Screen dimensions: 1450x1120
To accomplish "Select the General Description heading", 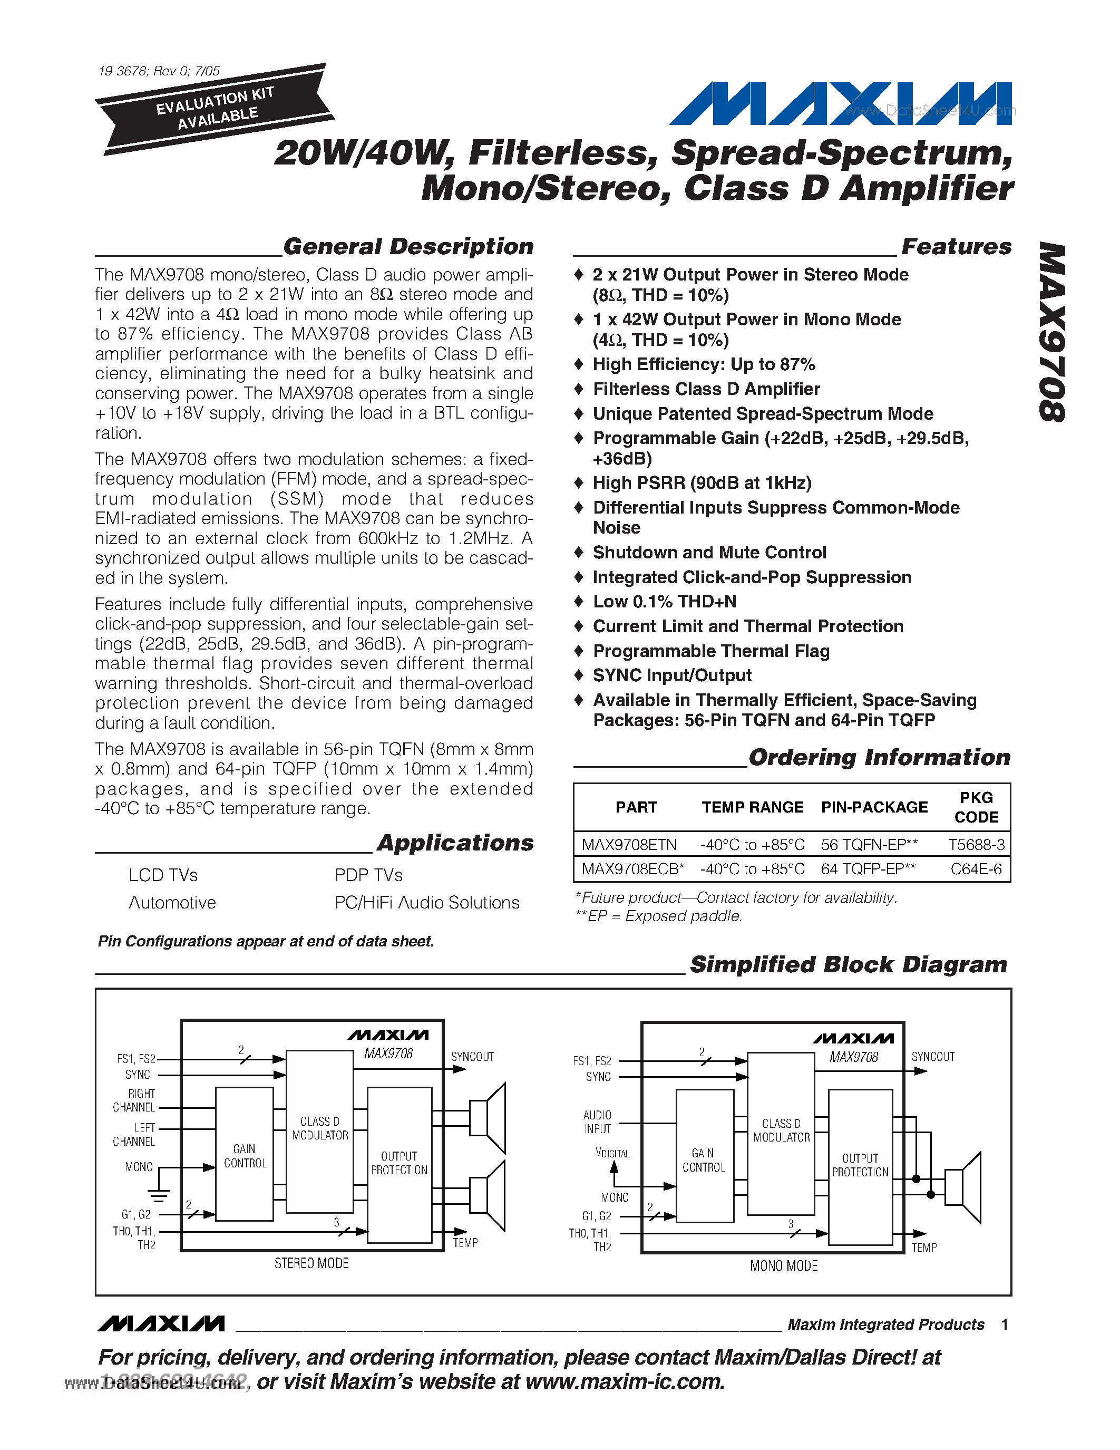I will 408,246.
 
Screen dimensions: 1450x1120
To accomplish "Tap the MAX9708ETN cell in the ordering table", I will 629,845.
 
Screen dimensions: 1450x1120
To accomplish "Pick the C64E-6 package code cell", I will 976,869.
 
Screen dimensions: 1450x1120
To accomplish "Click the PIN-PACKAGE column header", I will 874,807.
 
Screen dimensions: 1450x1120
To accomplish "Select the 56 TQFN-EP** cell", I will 869,845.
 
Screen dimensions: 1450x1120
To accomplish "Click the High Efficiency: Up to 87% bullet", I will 703,364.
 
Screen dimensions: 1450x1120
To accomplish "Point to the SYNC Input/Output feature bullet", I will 671,676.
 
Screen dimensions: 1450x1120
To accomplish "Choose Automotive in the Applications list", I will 172,903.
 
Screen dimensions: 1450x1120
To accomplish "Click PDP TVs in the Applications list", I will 368,875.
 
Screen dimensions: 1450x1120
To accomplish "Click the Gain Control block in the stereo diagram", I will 244,1155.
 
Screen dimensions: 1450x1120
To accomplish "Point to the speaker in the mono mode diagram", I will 963,1188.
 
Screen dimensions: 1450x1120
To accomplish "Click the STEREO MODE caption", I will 311,1263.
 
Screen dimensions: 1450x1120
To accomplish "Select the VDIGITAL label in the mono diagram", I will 612,1153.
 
